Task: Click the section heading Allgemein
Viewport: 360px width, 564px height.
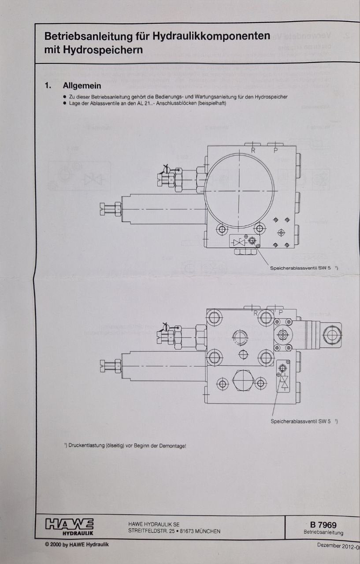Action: coord(82,85)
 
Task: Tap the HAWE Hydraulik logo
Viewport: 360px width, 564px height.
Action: coord(69,526)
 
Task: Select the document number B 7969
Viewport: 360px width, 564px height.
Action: coord(323,524)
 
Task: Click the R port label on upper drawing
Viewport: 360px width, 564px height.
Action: coord(253,150)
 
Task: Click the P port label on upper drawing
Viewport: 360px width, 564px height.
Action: coord(275,150)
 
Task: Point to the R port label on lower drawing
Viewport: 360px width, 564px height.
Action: coord(255,313)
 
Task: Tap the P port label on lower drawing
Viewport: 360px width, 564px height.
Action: coord(276,313)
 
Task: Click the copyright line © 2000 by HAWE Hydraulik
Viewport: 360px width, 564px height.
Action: coord(77,545)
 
